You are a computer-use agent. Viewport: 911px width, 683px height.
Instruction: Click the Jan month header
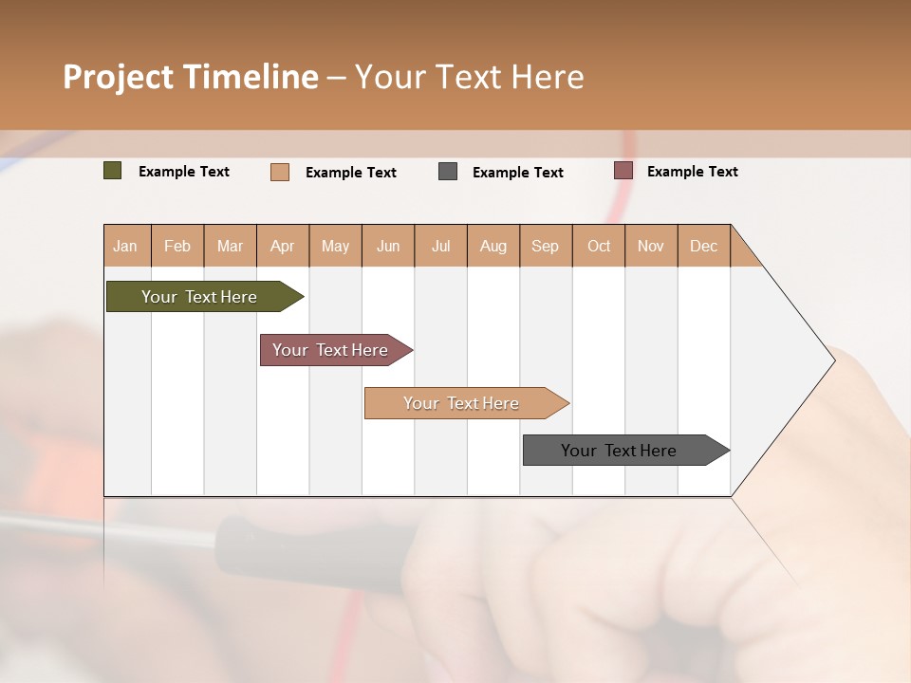click(126, 246)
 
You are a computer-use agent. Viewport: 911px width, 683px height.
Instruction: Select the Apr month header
click(283, 246)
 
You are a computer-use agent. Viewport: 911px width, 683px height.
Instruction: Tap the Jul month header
click(441, 246)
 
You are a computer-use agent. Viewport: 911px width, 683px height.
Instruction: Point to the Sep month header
click(546, 246)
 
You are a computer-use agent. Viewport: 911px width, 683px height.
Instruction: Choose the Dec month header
click(704, 246)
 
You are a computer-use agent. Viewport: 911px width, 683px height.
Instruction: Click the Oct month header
click(599, 246)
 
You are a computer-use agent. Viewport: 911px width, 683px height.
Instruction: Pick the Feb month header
click(177, 246)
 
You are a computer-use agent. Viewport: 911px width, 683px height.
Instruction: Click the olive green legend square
click(113, 171)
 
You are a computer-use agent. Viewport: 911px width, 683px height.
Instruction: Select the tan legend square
click(280, 172)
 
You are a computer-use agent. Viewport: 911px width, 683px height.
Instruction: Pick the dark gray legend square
click(448, 172)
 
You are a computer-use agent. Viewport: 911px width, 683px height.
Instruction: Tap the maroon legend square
click(623, 171)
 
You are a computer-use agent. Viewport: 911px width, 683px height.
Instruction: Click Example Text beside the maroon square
click(693, 172)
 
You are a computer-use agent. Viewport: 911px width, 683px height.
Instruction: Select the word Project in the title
click(118, 77)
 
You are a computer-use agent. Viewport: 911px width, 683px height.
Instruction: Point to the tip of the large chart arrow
click(832, 360)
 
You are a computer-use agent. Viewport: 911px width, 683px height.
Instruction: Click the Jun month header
click(388, 246)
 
